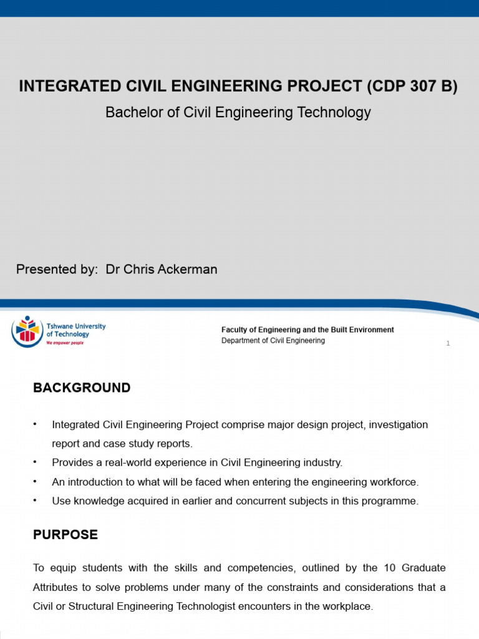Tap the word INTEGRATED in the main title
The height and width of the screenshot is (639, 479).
pyautogui.click(x=61, y=87)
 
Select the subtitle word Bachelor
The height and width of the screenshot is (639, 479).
pyautogui.click(x=128, y=112)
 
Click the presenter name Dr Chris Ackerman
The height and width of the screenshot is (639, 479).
pyautogui.click(x=162, y=270)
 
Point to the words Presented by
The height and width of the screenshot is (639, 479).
pyautogui.click(x=57, y=270)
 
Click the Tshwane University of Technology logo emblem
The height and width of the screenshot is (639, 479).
pyautogui.click(x=27, y=331)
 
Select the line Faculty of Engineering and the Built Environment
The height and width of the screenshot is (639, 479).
pyautogui.click(x=307, y=329)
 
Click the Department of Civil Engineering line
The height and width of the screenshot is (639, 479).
pyautogui.click(x=273, y=341)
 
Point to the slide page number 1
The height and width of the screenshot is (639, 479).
pyautogui.click(x=448, y=344)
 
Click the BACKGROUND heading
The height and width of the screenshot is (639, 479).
pyautogui.click(x=82, y=388)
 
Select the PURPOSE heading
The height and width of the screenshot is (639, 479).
pyautogui.click(x=65, y=535)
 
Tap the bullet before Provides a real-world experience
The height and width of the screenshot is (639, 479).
pyautogui.click(x=36, y=462)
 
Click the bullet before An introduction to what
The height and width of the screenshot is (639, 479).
pyautogui.click(x=36, y=481)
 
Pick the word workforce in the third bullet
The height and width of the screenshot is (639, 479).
pyautogui.click(x=395, y=482)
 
